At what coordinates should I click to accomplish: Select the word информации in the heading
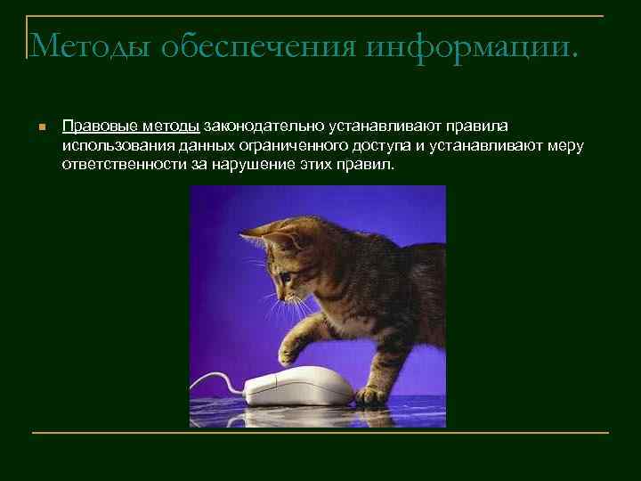point(459,44)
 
